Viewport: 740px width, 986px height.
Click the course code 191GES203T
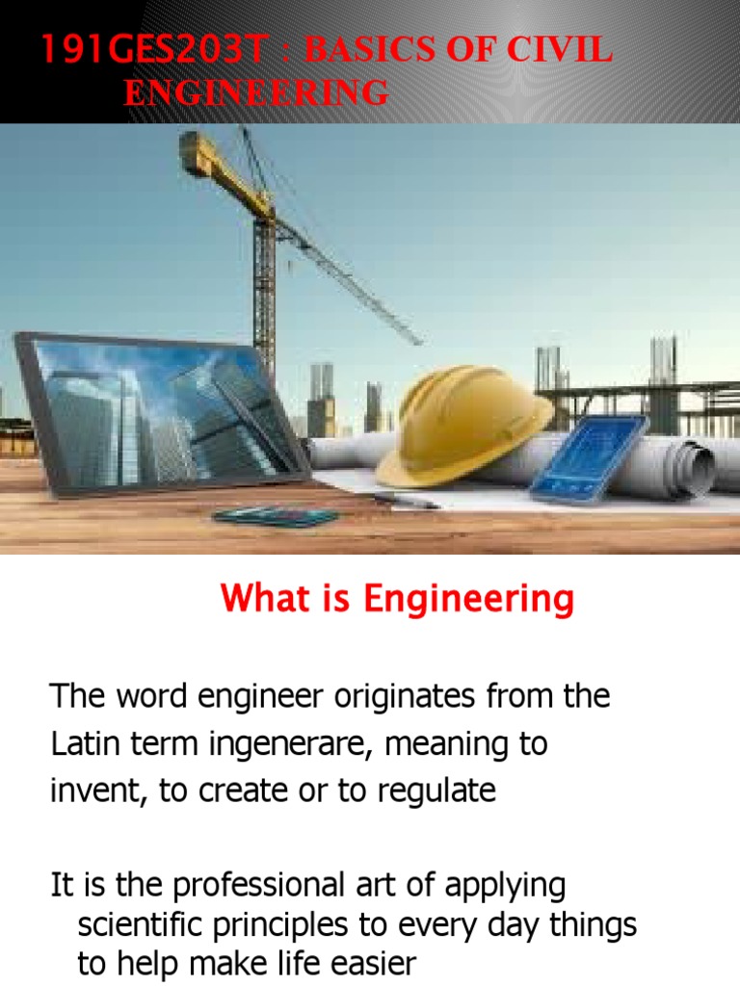pyautogui.click(x=150, y=51)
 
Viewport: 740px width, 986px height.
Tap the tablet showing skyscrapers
pyautogui.click(x=159, y=414)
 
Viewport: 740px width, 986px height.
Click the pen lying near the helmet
pyautogui.click(x=405, y=500)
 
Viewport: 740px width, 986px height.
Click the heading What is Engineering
pyautogui.click(x=397, y=599)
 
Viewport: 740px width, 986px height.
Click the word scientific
pyautogui.click(x=143, y=924)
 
